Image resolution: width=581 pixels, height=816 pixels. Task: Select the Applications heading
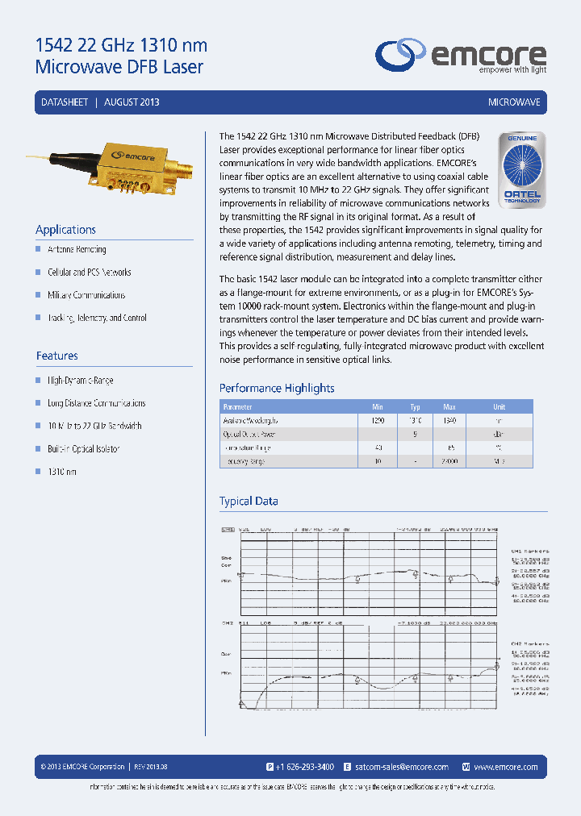click(66, 229)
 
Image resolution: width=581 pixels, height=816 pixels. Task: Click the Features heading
click(57, 356)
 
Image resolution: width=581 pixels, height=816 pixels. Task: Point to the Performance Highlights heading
click(277, 388)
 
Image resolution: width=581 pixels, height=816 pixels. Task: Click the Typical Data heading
click(249, 501)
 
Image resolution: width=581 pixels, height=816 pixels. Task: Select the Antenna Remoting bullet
click(77, 250)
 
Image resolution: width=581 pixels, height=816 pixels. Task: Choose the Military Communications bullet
click(86, 295)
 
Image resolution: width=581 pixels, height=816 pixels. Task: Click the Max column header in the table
click(449, 407)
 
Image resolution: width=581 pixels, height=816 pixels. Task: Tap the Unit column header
click(499, 407)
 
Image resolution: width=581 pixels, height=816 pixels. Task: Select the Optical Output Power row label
click(250, 435)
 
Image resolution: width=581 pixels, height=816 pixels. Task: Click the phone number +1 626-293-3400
click(305, 767)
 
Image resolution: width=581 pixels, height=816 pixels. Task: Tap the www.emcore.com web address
click(506, 767)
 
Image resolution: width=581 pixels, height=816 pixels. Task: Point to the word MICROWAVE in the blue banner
click(514, 102)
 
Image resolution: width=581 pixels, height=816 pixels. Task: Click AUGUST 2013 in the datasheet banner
click(132, 102)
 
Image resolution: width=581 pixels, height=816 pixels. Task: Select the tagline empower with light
click(513, 70)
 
